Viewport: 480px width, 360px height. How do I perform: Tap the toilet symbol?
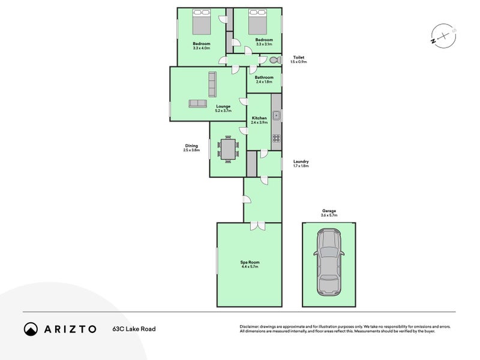[274, 60]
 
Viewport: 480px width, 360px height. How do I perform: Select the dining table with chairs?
[227, 149]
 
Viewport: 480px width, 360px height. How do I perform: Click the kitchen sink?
[277, 115]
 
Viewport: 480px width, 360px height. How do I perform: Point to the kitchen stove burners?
[277, 139]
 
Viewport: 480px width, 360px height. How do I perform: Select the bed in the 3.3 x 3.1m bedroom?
[257, 23]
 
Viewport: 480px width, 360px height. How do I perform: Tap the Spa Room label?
[249, 262]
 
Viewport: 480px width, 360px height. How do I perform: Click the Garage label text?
[329, 211]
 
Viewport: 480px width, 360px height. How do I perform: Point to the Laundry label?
[301, 161]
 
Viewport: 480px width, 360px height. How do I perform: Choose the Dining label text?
[191, 145]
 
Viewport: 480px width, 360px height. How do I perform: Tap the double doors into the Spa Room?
[257, 226]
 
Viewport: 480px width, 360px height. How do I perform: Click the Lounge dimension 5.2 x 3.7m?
[223, 111]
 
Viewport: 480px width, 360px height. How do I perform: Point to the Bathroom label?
[264, 77]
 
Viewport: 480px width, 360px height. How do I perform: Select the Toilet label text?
[298, 58]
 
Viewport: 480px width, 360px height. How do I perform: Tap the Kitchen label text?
[259, 118]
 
